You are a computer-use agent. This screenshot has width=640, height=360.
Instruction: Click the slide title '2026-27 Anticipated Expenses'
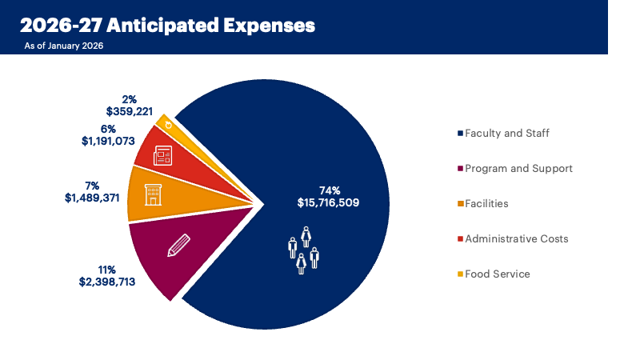pos(167,26)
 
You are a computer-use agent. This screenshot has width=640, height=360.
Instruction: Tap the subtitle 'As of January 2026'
pos(64,46)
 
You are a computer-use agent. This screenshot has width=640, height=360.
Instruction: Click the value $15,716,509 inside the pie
pos(327,203)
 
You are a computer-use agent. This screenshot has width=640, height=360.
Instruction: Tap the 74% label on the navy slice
pos(328,190)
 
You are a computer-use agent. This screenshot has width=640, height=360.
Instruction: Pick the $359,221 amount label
pos(130,111)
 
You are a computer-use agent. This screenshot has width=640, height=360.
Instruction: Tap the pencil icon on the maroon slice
pos(178,246)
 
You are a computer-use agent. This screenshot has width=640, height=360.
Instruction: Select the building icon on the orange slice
pos(152,194)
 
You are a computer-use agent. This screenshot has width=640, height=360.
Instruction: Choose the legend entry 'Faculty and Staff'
pos(506,133)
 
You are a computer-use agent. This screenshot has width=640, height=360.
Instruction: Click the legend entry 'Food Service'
pos(497,274)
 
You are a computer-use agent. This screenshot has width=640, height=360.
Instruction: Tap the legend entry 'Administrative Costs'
pos(516,238)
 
